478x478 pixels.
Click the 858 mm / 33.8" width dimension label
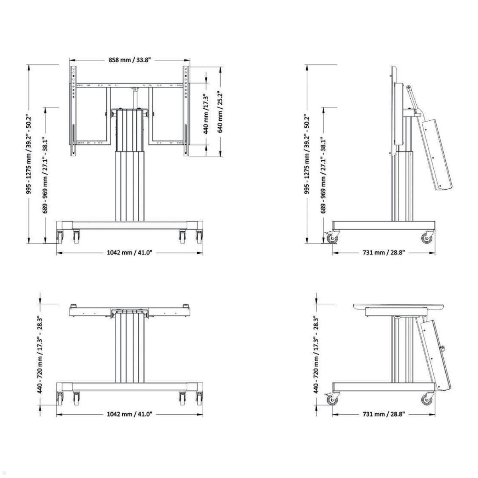pyautogui.click(x=130, y=60)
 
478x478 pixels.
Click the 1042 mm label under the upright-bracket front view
pyautogui.click(x=130, y=252)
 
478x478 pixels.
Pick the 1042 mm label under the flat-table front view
pyautogui.click(x=130, y=414)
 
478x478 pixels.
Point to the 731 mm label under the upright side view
pyautogui.click(x=384, y=253)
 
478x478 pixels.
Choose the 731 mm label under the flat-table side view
pyautogui.click(x=384, y=414)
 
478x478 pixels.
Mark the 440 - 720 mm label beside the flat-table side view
pyautogui.click(x=316, y=355)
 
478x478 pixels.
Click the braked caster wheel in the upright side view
pyautogui.click(x=331, y=238)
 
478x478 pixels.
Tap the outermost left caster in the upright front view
pyautogui.click(x=60, y=237)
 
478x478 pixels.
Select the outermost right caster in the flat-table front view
pyautogui.click(x=199, y=398)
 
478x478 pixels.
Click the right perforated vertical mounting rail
pyautogui.click(x=186, y=112)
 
